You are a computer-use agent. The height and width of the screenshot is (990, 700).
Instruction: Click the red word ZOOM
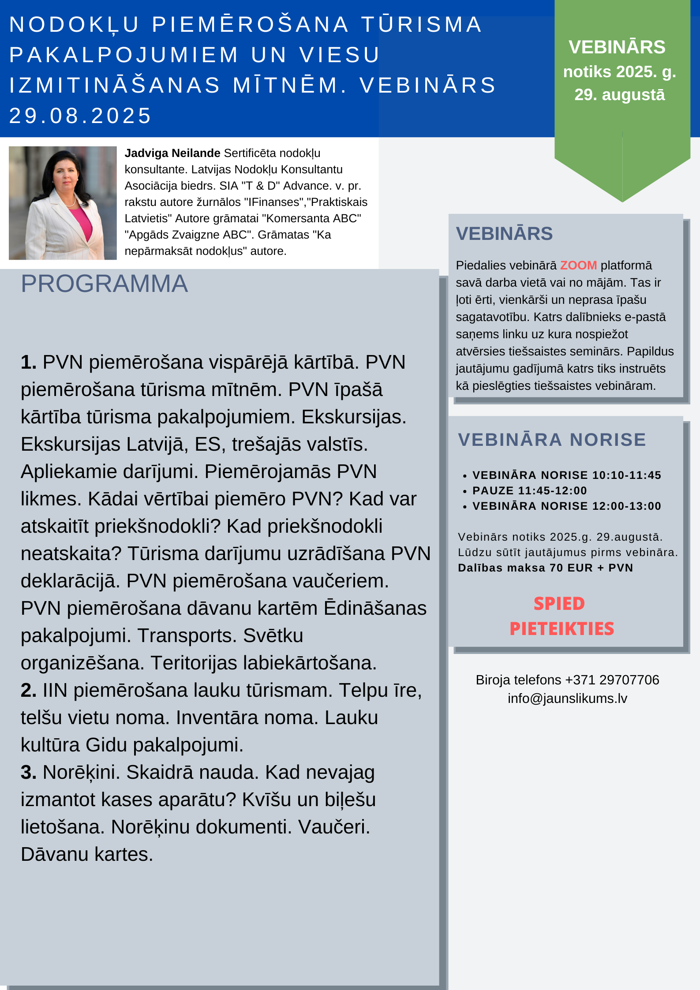[x=578, y=265]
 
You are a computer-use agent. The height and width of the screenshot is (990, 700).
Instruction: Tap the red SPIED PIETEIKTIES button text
[x=561, y=616]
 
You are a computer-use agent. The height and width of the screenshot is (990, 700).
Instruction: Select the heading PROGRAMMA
[x=105, y=284]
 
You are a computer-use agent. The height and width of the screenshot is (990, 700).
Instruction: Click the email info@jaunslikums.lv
[x=567, y=699]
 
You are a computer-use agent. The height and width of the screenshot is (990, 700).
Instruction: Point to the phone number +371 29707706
[x=612, y=680]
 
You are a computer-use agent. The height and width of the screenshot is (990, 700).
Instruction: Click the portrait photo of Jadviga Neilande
[x=63, y=203]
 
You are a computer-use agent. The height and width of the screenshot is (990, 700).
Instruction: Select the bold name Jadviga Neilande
[x=172, y=153]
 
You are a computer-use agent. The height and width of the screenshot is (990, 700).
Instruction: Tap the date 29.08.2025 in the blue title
[x=80, y=116]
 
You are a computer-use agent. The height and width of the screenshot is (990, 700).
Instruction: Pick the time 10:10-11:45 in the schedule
[x=626, y=475]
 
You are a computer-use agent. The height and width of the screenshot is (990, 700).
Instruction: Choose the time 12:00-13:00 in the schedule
[x=626, y=506]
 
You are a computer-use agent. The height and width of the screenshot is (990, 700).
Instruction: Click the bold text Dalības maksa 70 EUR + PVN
[x=545, y=568]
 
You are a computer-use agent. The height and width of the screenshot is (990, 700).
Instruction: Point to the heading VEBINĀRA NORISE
[x=552, y=440]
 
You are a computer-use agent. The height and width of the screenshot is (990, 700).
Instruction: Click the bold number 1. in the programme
[x=29, y=362]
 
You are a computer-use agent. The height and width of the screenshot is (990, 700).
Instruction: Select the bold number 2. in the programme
[x=29, y=691]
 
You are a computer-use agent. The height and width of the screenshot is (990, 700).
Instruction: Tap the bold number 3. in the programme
[x=29, y=773]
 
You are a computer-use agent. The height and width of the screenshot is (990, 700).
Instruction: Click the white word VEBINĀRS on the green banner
[x=617, y=47]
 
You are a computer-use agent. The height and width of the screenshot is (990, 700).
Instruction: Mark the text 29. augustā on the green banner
[x=619, y=95]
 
